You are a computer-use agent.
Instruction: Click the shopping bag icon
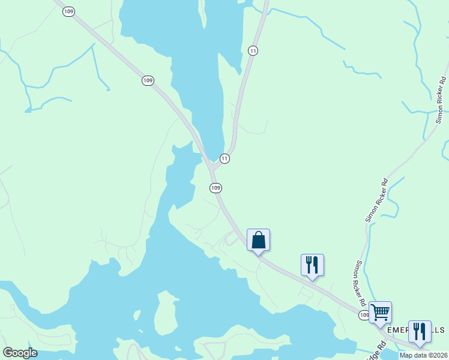click(x=258, y=240)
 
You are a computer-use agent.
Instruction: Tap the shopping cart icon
click(x=380, y=313)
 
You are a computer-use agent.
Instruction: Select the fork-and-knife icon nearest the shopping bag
click(x=312, y=265)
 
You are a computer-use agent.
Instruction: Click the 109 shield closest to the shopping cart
click(x=364, y=315)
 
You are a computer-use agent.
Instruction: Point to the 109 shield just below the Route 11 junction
click(x=216, y=188)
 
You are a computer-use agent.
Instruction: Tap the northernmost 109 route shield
click(x=68, y=11)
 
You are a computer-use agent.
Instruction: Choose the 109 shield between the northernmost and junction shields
click(x=148, y=80)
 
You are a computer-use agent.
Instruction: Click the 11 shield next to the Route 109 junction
click(x=224, y=158)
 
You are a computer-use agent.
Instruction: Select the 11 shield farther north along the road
click(x=253, y=51)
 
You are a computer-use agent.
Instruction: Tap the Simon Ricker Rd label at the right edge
click(x=441, y=100)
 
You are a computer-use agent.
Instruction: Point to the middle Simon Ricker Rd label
click(x=376, y=200)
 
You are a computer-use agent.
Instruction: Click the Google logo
click(x=20, y=353)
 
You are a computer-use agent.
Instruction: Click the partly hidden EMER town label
click(x=397, y=331)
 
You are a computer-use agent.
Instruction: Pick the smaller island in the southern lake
click(x=137, y=315)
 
